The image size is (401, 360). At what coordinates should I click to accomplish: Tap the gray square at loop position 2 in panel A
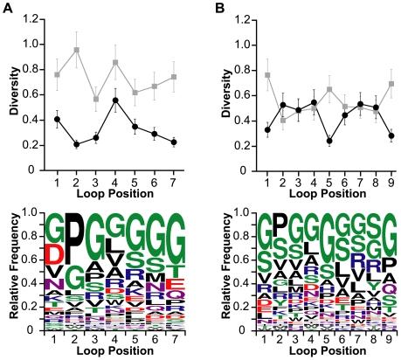coord(77,50)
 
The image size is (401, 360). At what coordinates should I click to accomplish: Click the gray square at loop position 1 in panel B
coord(266,75)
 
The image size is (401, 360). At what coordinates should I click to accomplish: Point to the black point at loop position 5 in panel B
coord(328,141)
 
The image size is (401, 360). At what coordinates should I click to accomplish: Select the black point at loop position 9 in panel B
coord(391,135)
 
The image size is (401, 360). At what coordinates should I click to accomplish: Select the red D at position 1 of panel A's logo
coord(57,253)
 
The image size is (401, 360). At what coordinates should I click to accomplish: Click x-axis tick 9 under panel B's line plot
coord(391,182)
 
